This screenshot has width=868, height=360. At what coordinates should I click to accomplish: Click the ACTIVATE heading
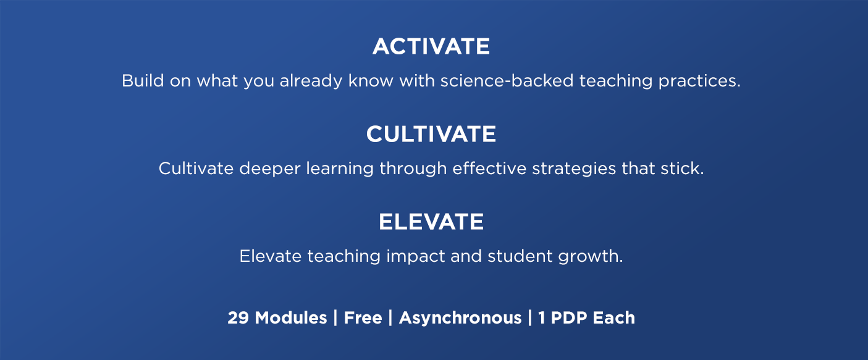tap(431, 47)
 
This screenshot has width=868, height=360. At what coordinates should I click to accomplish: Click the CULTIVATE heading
tap(431, 135)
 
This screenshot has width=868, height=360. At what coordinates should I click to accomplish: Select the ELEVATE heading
tap(431, 222)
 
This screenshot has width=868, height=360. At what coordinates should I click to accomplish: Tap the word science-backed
tap(507, 81)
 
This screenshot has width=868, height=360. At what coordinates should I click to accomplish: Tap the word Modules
tap(291, 318)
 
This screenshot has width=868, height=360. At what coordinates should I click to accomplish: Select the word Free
tap(363, 318)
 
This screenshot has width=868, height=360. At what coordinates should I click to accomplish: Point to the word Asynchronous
tap(460, 318)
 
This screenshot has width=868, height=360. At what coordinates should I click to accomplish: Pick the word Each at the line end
tap(614, 318)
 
